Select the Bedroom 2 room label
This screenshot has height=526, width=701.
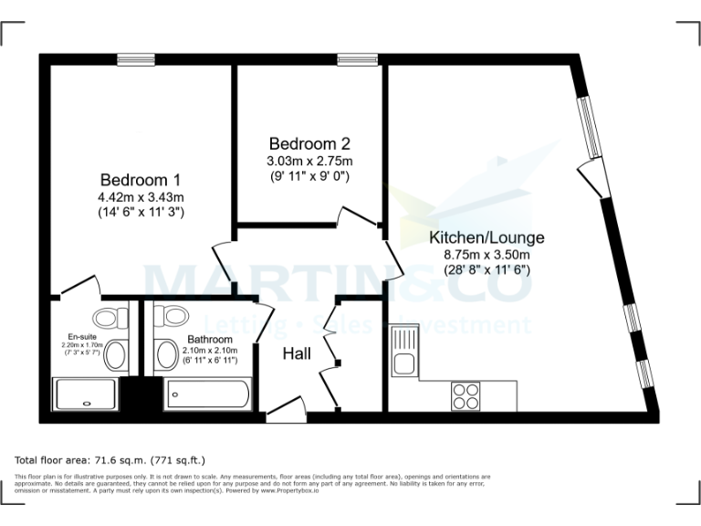coord(309,143)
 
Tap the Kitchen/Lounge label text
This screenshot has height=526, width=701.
coord(487,238)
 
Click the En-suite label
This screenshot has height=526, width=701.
coord(82,335)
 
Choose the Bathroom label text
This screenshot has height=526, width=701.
coord(210,340)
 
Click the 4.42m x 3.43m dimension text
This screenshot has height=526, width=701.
coord(141,196)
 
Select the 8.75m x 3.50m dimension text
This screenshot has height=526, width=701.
coord(487,255)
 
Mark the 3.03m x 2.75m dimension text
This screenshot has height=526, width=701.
coord(309,161)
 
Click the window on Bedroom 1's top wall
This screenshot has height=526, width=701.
coord(136,59)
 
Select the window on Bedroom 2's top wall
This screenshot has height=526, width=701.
coord(351,59)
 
